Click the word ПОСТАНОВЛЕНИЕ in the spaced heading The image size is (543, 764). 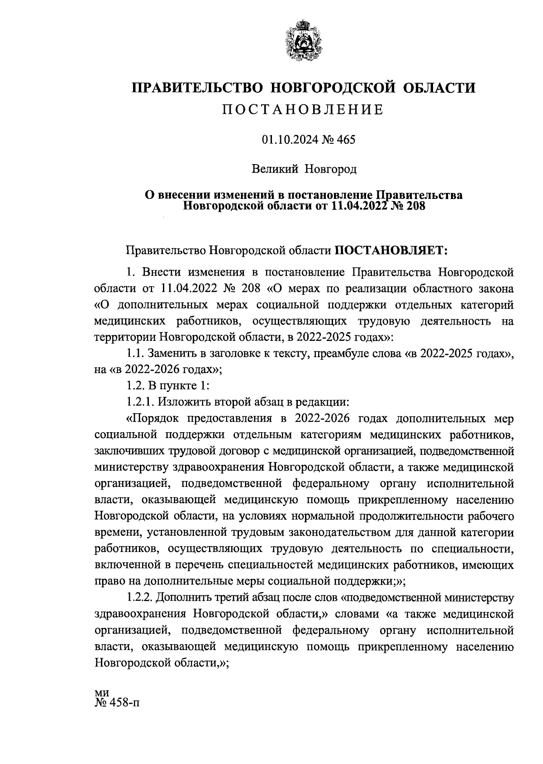304,109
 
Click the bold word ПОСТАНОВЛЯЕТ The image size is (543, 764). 391,250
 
